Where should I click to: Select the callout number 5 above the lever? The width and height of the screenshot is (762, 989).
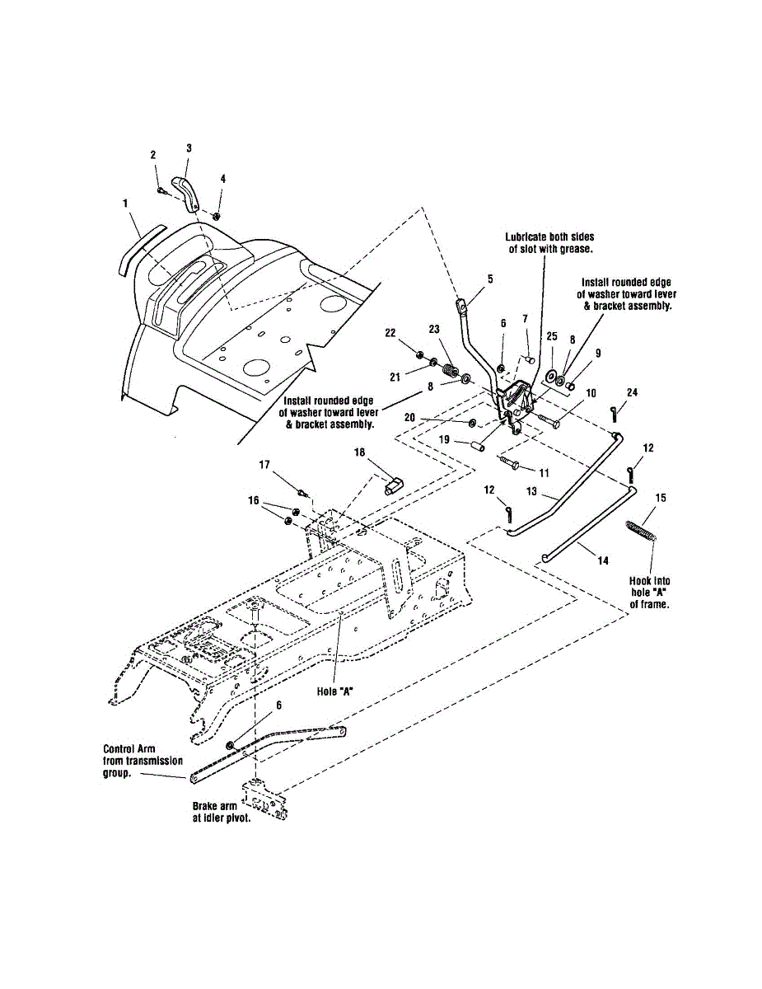tap(490, 279)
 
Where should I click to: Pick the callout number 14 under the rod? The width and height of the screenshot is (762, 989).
tap(603, 560)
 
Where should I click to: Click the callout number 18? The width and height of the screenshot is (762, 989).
tap(360, 452)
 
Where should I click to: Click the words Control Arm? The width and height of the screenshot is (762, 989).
tap(124, 749)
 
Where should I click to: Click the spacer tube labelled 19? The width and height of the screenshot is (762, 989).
tap(476, 446)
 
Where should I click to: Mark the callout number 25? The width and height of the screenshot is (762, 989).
tap(551, 337)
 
